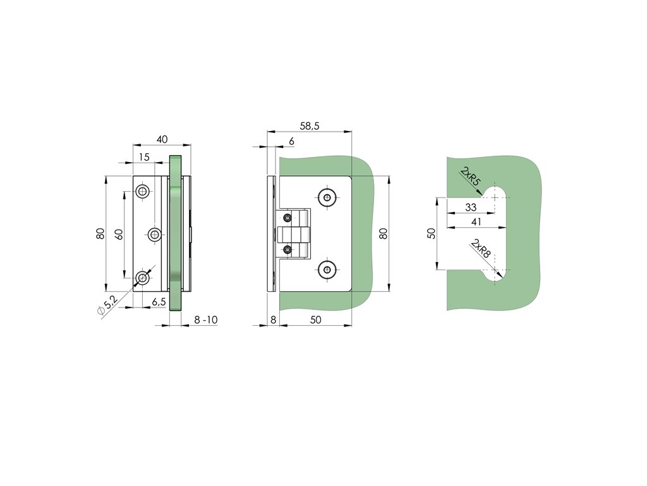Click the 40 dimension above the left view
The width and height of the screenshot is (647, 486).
162,139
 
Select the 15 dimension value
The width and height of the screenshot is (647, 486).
143,156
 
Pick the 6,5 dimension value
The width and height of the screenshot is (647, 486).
159,302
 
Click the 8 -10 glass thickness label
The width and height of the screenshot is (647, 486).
206,320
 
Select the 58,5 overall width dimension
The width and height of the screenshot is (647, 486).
309,126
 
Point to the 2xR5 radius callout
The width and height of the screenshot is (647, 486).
471,177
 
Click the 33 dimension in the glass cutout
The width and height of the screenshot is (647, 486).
471,207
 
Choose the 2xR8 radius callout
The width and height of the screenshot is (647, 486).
480,251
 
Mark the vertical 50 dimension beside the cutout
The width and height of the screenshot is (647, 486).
432,233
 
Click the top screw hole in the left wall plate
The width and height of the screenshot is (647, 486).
143,192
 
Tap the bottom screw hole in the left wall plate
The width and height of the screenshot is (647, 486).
143,277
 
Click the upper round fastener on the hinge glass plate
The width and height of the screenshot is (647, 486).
327,197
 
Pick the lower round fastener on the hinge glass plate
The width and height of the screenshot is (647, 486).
327,270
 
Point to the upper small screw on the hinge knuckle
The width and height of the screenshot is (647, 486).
288,218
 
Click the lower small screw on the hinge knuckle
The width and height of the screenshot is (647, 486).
288,249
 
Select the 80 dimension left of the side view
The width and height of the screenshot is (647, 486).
100,233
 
